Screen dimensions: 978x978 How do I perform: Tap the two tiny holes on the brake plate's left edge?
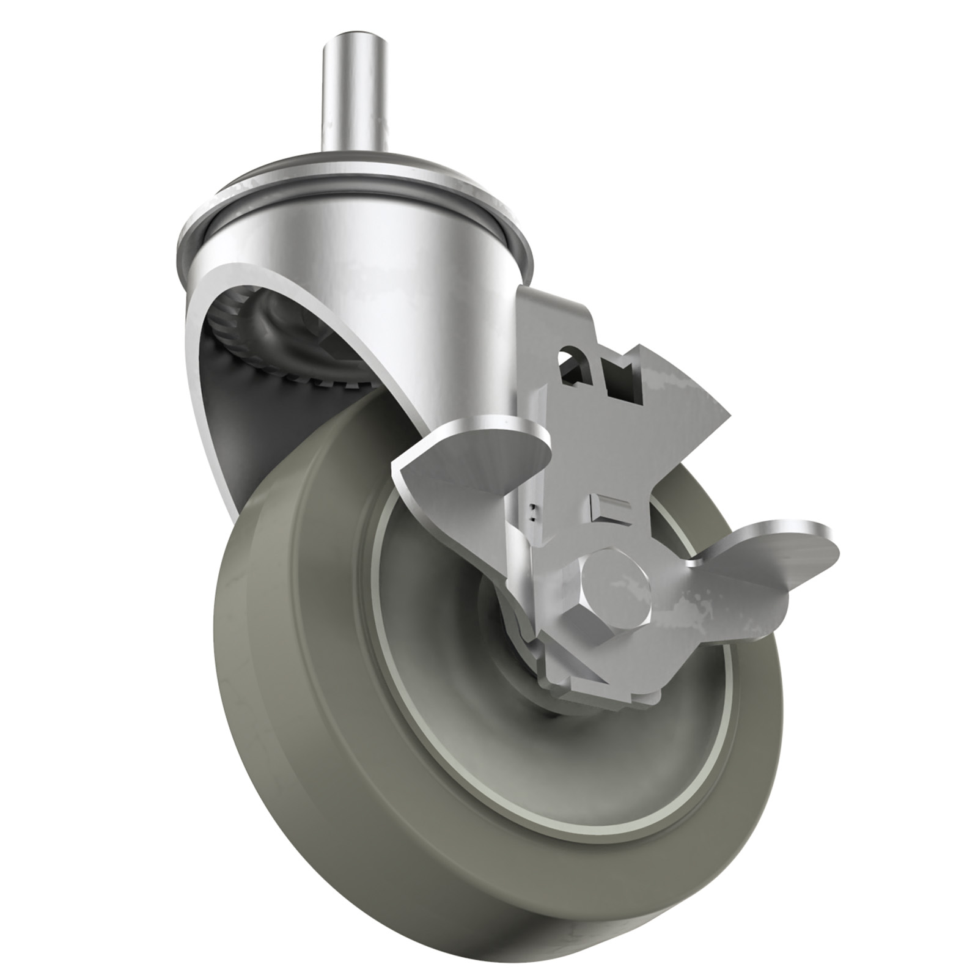pyautogui.click(x=534, y=510)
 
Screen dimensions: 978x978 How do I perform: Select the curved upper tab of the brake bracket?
pyautogui.click(x=550, y=306)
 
